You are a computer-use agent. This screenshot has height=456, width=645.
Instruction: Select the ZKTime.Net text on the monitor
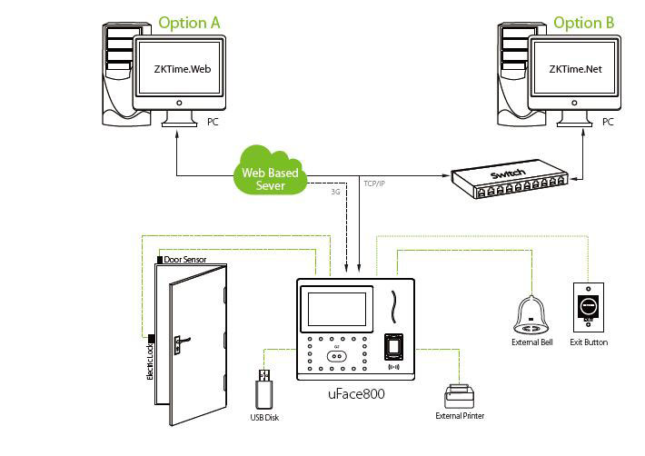pyautogui.click(x=574, y=69)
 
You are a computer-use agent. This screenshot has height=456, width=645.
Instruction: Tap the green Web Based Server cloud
pyautogui.click(x=270, y=172)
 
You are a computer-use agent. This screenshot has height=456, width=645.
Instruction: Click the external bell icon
pyautogui.click(x=531, y=314)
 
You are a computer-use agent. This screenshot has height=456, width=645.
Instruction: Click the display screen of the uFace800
pyautogui.click(x=338, y=307)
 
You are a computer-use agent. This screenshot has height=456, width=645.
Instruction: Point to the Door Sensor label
pyautogui.click(x=186, y=260)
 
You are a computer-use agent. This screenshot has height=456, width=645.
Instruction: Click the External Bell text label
pyautogui.click(x=531, y=342)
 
